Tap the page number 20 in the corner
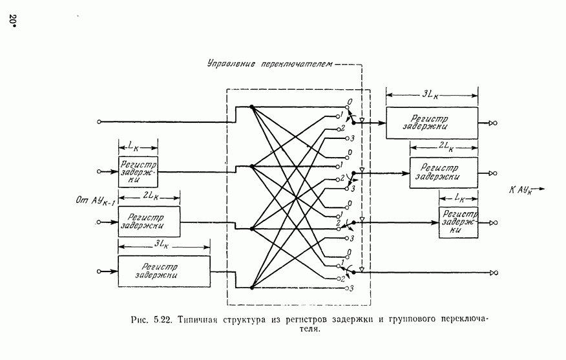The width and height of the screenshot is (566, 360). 12,21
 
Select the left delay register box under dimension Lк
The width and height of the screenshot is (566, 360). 138,172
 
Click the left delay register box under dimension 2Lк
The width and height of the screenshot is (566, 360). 149,222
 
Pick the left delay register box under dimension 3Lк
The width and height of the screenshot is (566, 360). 164,271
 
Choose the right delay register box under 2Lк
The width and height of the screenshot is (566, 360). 443,173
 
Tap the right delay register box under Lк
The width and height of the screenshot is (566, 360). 458,222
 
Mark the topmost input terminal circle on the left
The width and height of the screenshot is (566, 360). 99,122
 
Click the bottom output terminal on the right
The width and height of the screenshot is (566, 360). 494,273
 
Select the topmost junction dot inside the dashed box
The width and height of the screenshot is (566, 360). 251,107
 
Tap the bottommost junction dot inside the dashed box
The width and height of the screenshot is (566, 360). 251,288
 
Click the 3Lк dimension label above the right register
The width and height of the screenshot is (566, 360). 431,94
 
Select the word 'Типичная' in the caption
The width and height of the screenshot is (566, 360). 200,319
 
